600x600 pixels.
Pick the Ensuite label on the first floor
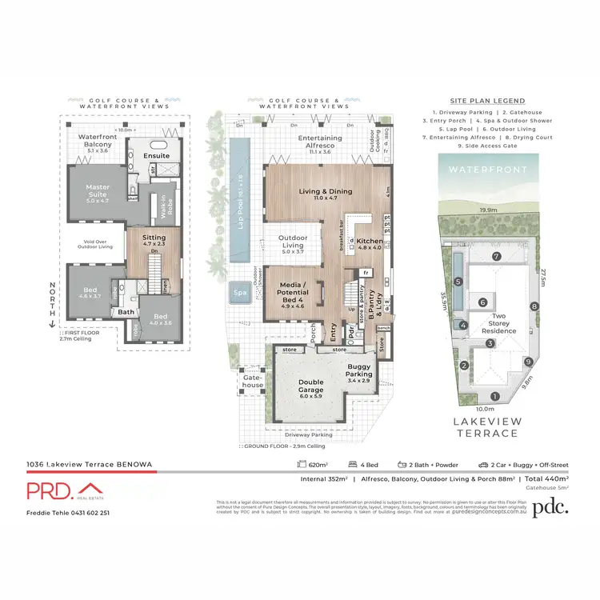pos(156,155)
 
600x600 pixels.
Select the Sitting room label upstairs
pos(154,238)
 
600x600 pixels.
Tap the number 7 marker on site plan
pos(496,256)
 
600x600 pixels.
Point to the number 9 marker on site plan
pos(528,362)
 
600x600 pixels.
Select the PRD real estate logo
pos(63,490)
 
